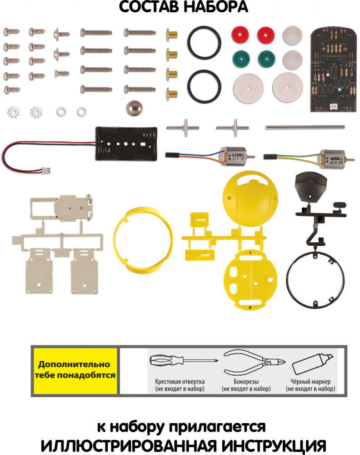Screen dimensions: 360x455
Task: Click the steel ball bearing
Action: pos(135,109)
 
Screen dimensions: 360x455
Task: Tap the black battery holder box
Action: pos(126,144)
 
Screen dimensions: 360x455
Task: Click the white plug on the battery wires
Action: pos(45,170)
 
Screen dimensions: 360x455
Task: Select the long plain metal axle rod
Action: pos(305,127)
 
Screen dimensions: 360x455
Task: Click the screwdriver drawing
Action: pos(183,361)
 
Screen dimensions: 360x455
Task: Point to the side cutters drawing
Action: pos(254,363)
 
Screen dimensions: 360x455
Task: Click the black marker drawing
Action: pos(313,364)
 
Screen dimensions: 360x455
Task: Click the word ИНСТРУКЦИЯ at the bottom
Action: pos(274,445)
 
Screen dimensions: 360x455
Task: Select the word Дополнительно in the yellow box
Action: pos(74,364)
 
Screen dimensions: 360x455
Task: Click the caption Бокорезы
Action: pos(246,382)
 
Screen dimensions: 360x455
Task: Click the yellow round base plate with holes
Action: pos(250,279)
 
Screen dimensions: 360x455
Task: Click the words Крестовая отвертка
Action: pos(180,382)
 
